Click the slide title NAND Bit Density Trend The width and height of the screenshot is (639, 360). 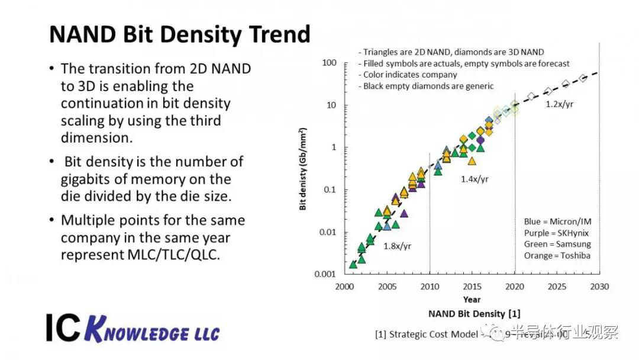[x=179, y=34]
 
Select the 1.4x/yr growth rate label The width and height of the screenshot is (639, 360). [x=475, y=178]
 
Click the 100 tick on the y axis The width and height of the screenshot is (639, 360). [x=328, y=63]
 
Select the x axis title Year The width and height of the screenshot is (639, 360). [x=472, y=300]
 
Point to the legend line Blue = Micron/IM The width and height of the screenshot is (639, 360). [x=557, y=221]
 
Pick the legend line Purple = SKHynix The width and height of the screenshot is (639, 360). [x=553, y=233]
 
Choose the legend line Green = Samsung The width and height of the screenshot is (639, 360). [x=557, y=244]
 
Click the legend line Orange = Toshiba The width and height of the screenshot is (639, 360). [x=557, y=255]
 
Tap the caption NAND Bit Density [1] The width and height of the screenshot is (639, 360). [x=474, y=313]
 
